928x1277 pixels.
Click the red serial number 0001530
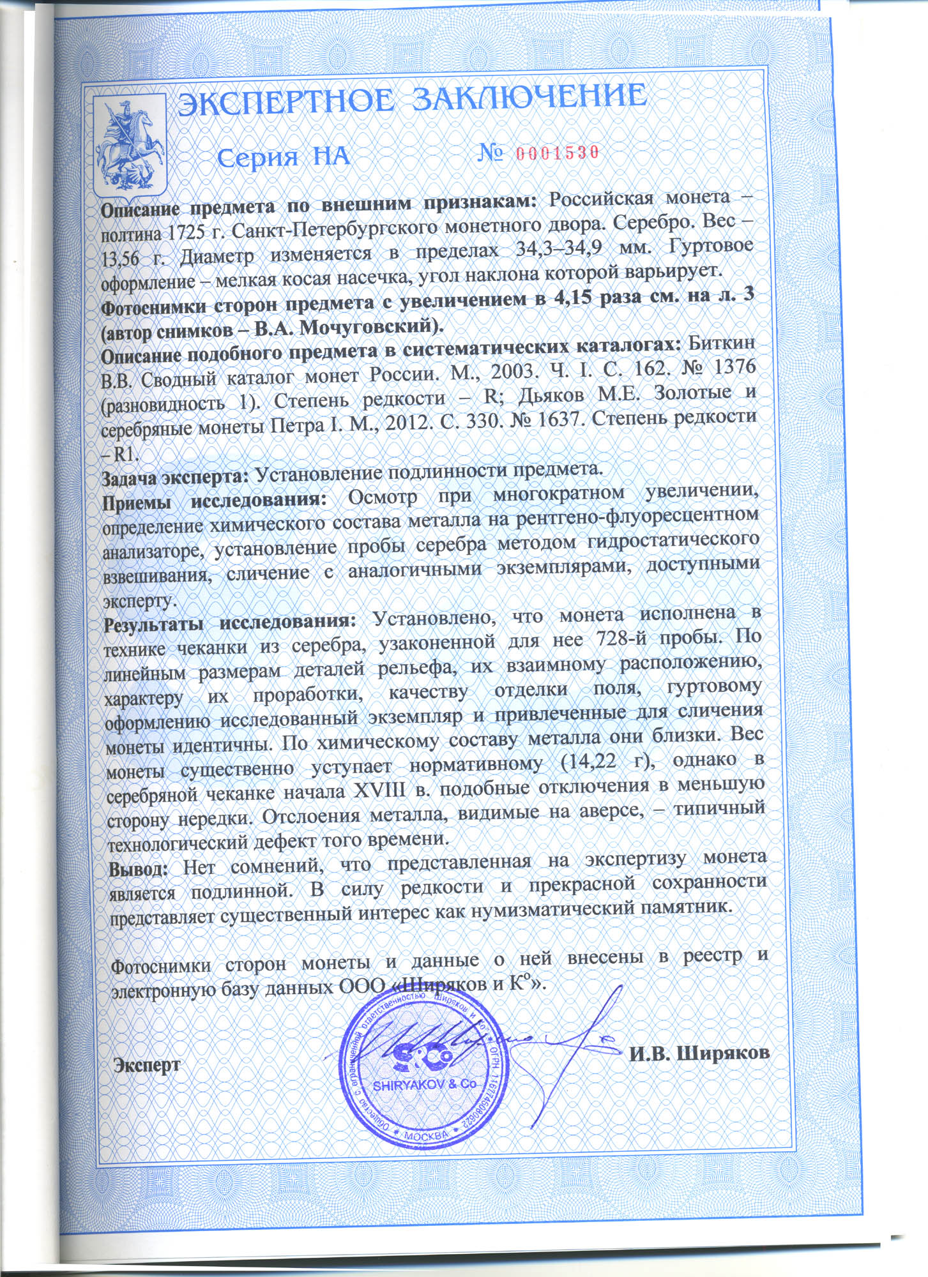[555, 153]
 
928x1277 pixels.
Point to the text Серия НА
[284, 157]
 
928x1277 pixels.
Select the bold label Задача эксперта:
[175, 476]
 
